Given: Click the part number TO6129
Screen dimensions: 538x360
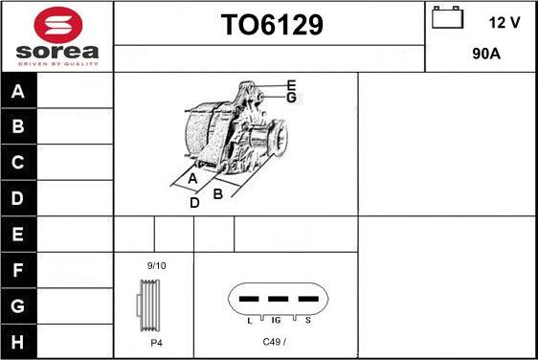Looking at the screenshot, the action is point(272,25).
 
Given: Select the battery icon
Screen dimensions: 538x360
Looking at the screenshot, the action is point(447,17).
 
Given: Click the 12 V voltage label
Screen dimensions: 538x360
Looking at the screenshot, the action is point(504,23).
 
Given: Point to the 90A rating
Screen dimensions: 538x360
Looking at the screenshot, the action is point(486,54).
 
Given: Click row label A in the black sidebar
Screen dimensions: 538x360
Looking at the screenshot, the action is point(18,91).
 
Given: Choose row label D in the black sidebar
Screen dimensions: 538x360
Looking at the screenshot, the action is point(17,198).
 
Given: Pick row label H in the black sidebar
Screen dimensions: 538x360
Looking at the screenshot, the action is point(17,342).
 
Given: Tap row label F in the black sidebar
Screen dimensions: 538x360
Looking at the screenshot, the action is point(17,270).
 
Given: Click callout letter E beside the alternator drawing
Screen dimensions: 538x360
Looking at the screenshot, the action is point(291,85).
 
